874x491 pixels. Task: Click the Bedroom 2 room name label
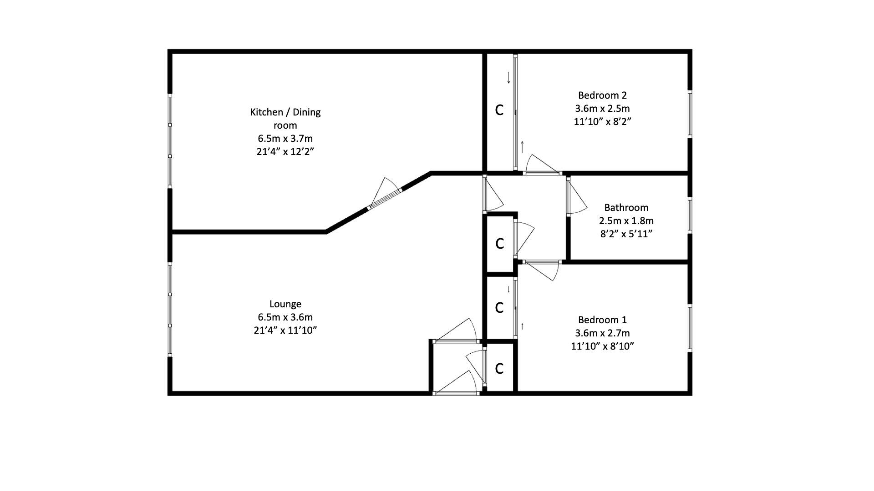click(x=602, y=95)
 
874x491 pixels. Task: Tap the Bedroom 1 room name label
click(x=602, y=320)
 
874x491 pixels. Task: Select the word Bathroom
click(x=626, y=208)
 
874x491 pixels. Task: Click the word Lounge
click(x=285, y=304)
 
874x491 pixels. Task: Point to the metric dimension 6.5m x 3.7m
click(x=285, y=138)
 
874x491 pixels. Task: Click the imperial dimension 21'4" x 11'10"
click(x=285, y=331)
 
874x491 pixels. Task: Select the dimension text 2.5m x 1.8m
click(x=626, y=221)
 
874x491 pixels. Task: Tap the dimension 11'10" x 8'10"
click(x=602, y=346)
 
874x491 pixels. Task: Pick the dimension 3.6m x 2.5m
click(x=602, y=109)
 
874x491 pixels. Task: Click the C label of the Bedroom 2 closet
click(x=499, y=110)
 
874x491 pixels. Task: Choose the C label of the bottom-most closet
click(x=499, y=369)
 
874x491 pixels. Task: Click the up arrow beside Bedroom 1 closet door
click(x=522, y=326)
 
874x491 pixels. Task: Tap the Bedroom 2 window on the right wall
click(x=690, y=114)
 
